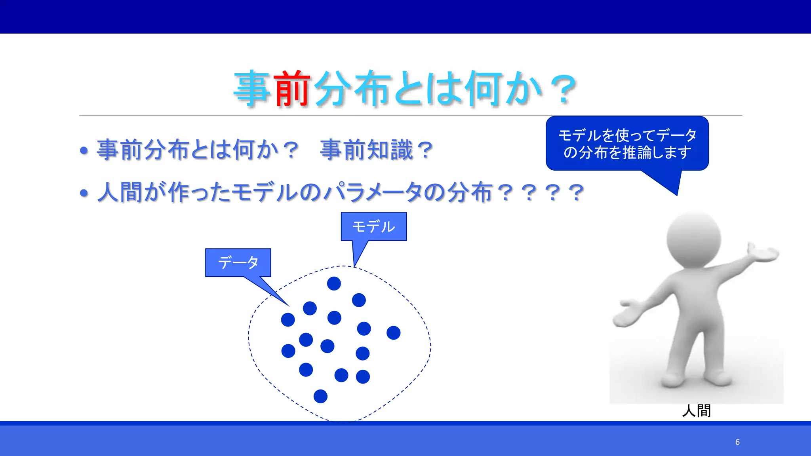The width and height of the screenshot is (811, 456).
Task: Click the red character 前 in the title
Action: pos(292,89)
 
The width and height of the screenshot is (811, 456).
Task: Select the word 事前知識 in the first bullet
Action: pos(366,150)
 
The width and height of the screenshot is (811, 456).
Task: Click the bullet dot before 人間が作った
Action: pos(84,193)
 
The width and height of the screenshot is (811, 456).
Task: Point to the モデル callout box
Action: pos(373,226)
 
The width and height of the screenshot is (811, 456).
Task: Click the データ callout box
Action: pos(238,262)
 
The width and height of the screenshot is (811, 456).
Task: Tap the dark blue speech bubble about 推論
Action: pos(627,143)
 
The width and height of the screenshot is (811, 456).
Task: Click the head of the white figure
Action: pos(693,239)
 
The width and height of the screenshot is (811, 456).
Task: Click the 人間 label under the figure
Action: pos(697,411)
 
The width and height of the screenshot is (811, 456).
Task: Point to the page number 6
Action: pos(737,442)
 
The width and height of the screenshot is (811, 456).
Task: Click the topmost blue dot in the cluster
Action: pos(334,283)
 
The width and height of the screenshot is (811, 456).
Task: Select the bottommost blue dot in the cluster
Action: pos(320,396)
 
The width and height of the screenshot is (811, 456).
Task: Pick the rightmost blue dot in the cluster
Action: pos(393,333)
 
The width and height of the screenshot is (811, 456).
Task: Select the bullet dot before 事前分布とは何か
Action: pos(84,151)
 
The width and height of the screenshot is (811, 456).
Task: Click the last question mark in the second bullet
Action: pos(576,193)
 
